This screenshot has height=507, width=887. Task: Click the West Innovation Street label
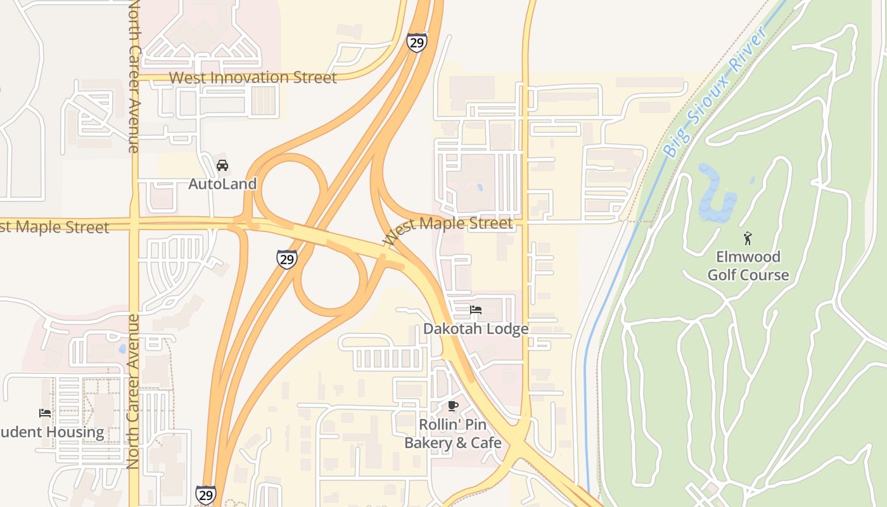252,77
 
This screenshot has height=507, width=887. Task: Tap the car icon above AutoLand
222,165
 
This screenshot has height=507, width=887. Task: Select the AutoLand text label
222,184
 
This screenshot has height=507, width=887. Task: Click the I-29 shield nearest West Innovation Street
416,42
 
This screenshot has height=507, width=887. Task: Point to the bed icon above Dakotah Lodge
476,310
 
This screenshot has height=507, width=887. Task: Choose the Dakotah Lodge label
476,329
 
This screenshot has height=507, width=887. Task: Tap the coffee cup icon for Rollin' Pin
452,406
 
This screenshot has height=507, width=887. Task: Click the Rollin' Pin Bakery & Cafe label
452,433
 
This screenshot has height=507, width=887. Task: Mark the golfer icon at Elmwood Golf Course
748,238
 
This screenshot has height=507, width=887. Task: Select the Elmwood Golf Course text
748,266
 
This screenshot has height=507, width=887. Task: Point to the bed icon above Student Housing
45,413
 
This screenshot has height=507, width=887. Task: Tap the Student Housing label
53,432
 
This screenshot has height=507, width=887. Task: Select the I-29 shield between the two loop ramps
287,259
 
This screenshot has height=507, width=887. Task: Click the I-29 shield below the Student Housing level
205,494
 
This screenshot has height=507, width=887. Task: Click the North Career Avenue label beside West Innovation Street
133,76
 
